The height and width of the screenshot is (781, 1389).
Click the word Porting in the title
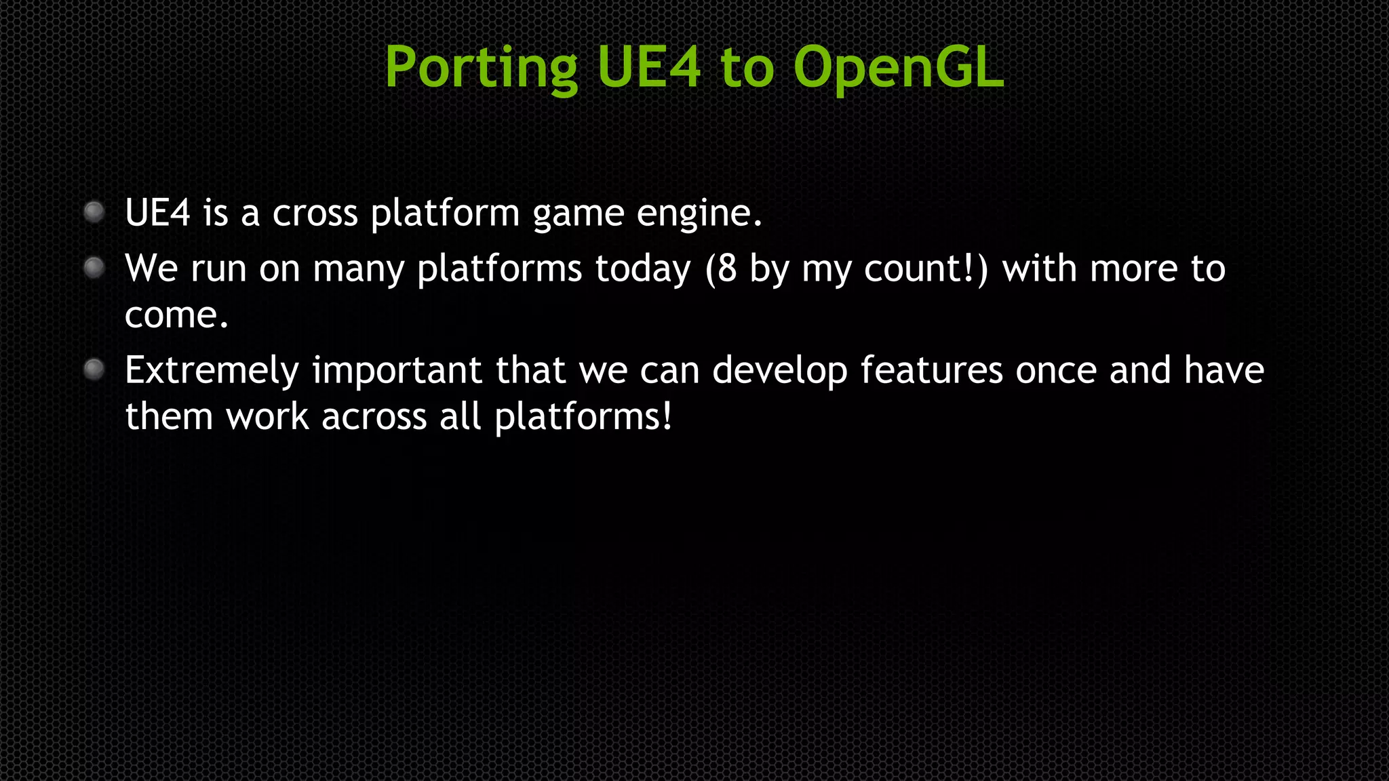click(481, 68)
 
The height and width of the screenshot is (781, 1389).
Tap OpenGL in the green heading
click(898, 68)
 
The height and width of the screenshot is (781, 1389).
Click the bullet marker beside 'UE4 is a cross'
click(94, 212)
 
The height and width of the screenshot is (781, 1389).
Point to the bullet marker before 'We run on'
click(94, 268)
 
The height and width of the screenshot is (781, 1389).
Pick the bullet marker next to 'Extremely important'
click(94, 369)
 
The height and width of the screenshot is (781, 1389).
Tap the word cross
click(315, 214)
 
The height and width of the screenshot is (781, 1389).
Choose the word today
click(642, 270)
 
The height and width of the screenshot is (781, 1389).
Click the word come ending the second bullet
click(176, 315)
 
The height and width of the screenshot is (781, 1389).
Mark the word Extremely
click(212, 372)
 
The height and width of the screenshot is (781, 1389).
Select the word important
click(397, 372)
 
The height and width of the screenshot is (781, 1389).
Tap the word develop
click(779, 372)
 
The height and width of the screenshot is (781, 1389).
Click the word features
click(931, 370)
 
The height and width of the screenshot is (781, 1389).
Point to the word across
click(374, 416)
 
